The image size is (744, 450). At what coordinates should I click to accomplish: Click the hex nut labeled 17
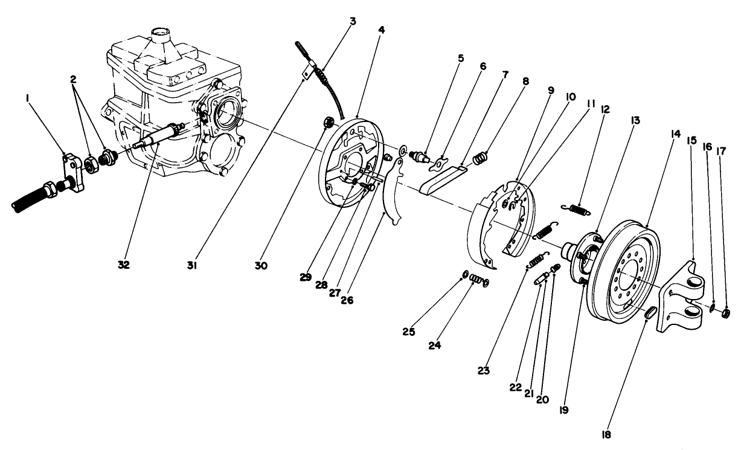coord(726,312)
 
